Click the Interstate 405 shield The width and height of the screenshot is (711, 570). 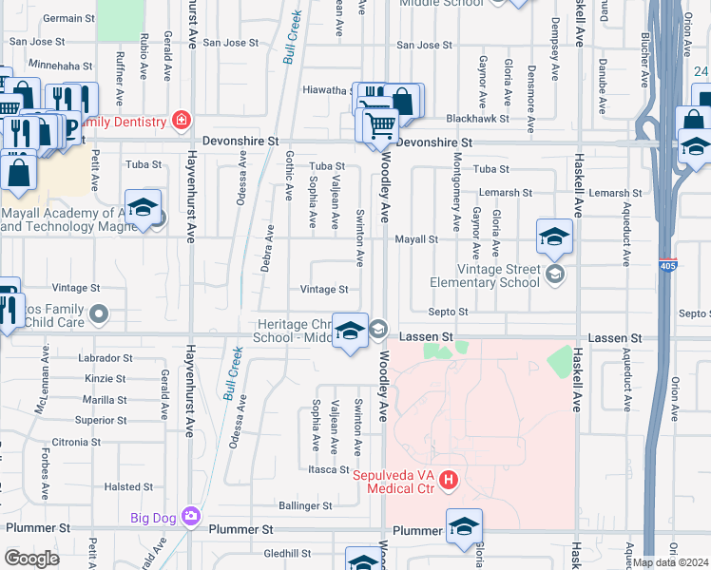pos(672,267)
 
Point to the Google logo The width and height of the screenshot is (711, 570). pos(31,559)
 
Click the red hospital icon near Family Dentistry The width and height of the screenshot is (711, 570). pos(181,121)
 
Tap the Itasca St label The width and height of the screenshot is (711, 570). pos(329,469)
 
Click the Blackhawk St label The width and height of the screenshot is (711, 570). pos(505,119)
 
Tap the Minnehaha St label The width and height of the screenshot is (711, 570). pos(61,67)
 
